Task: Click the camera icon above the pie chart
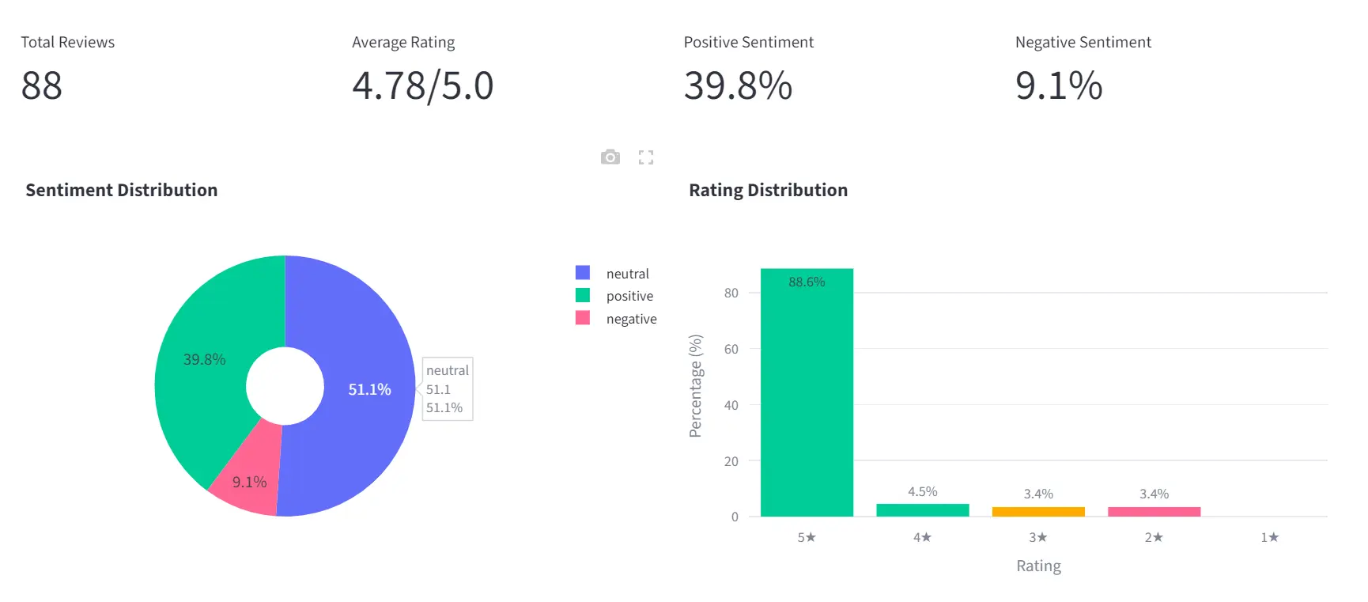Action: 610,157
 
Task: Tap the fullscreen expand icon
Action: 646,157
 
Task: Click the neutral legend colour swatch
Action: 583,273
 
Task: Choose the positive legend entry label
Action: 629,296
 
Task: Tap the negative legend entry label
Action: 631,319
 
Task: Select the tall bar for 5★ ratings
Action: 807,396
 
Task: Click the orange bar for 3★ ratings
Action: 1038,512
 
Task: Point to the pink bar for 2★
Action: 1154,512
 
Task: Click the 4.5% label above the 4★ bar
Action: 922,492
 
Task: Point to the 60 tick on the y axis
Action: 731,349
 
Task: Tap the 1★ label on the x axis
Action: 1269,537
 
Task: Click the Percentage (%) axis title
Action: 695,385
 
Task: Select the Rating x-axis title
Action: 1038,566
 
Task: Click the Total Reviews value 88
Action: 42,85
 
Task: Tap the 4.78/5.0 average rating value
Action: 422,85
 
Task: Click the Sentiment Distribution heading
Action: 121,190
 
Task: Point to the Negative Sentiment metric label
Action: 1083,42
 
